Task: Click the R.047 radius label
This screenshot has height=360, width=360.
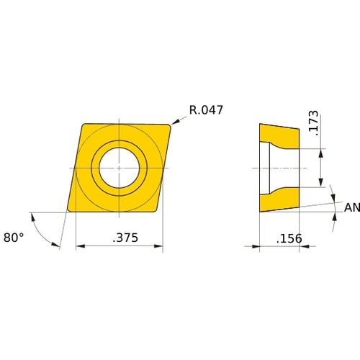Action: pyautogui.click(x=206, y=110)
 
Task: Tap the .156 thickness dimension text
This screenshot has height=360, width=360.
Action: pyautogui.click(x=289, y=238)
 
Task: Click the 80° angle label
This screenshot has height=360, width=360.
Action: pyautogui.click(x=13, y=237)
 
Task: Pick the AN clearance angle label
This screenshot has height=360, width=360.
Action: pyautogui.click(x=351, y=207)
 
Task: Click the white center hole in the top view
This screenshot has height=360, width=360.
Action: pyautogui.click(x=119, y=168)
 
